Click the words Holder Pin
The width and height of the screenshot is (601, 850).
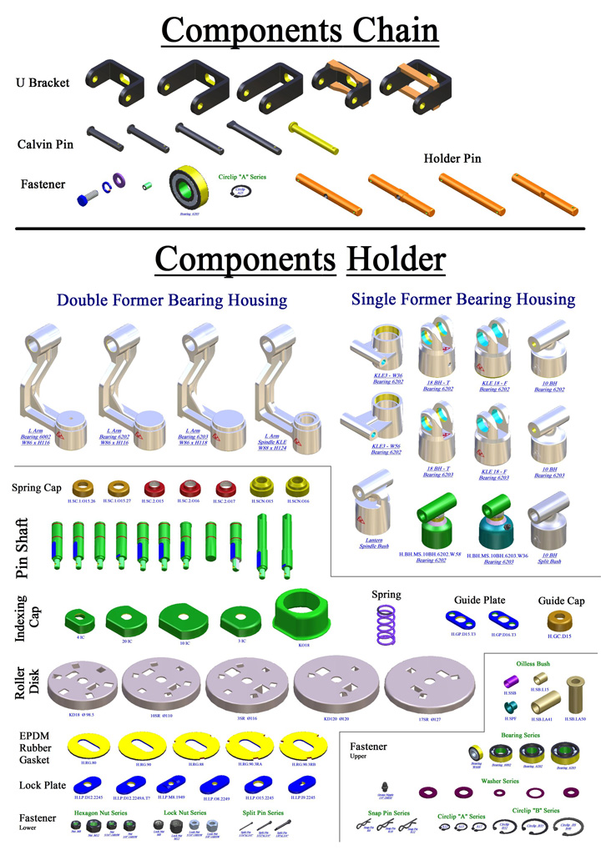tap(452, 158)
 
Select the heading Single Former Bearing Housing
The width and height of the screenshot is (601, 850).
tap(462, 299)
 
